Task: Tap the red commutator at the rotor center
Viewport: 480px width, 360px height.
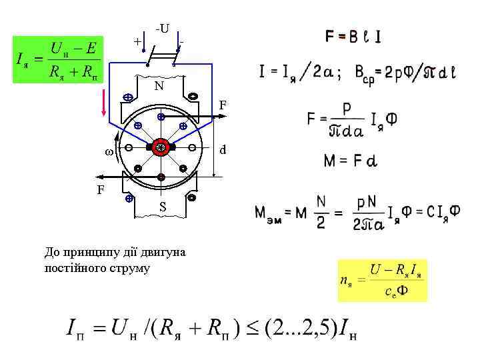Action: pos(161,147)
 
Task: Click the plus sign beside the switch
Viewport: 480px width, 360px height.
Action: pos(137,41)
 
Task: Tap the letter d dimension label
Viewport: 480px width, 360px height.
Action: pos(223,149)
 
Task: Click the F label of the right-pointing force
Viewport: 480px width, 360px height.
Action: pos(222,105)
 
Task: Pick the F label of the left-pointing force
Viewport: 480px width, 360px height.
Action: pos(101,189)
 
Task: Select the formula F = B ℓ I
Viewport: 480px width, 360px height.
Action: pos(353,37)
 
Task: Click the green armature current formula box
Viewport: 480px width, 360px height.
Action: pos(59,59)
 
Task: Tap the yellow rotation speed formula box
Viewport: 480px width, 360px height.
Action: pos(382,281)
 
